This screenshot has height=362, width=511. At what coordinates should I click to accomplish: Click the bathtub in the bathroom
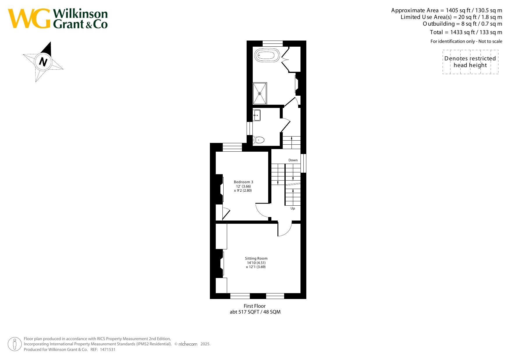coord(267,55)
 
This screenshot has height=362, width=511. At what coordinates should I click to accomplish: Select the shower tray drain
coord(260,94)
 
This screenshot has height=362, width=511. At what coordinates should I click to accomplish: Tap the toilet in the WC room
coord(259,140)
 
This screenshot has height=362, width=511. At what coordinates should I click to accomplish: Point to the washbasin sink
coord(257,115)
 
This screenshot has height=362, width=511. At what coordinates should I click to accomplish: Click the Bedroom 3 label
coord(243,182)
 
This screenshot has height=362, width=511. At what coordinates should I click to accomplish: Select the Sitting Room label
coord(256,258)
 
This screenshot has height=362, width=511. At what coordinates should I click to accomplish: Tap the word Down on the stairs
coord(293,160)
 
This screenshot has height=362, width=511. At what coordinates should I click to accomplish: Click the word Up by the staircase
coord(293,208)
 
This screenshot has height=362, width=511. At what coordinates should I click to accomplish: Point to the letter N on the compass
coord(43,62)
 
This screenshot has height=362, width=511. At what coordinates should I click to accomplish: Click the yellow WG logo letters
coord(29,19)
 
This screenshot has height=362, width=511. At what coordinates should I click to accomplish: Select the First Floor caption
coord(255,306)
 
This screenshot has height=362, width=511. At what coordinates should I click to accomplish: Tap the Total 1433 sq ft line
coord(466,32)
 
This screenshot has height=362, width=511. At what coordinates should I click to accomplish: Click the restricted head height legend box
coord(470,62)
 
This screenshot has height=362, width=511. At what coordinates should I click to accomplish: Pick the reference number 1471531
coord(108,349)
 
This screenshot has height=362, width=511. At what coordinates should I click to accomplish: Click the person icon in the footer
coord(15,344)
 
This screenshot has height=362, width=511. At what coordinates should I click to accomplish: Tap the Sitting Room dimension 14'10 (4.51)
coord(256,263)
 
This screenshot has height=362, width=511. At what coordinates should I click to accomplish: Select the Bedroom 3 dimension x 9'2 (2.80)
coord(243,190)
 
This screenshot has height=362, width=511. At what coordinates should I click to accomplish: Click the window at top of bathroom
coord(273,43)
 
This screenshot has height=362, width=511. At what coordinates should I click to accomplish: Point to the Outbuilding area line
coord(462,24)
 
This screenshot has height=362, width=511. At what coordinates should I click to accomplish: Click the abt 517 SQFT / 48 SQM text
coord(255,312)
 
